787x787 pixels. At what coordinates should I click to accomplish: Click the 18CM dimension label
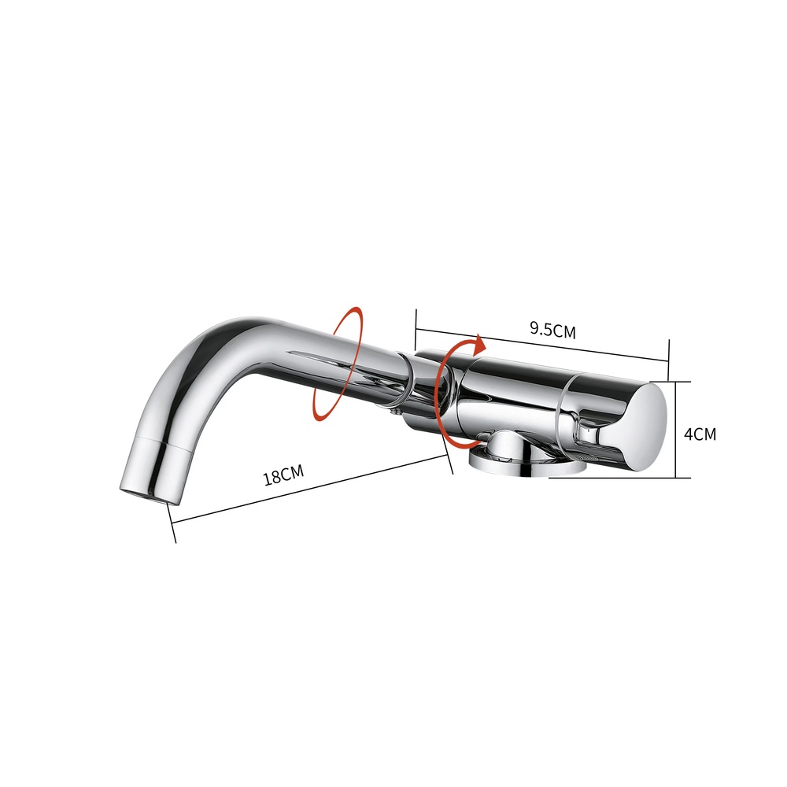pyautogui.click(x=283, y=475)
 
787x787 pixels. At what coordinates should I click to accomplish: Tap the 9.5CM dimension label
pyautogui.click(x=552, y=330)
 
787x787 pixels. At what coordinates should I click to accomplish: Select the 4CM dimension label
pyautogui.click(x=700, y=434)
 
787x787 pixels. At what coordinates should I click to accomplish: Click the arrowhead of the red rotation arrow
pyautogui.click(x=481, y=344)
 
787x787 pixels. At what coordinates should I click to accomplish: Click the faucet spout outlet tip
pyautogui.click(x=142, y=493)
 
